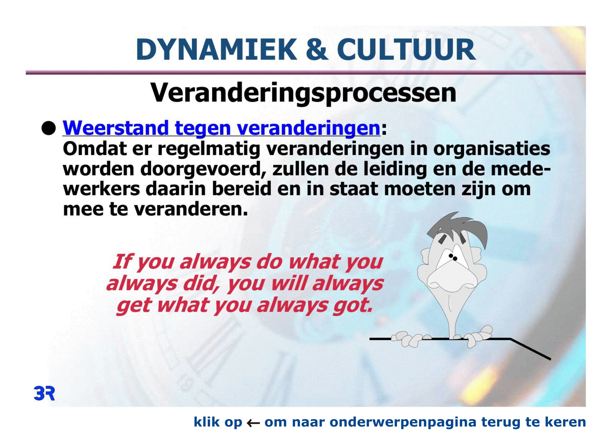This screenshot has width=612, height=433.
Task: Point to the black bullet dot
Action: pos(49,128)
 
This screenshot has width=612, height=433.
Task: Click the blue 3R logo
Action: pos(44,394)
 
